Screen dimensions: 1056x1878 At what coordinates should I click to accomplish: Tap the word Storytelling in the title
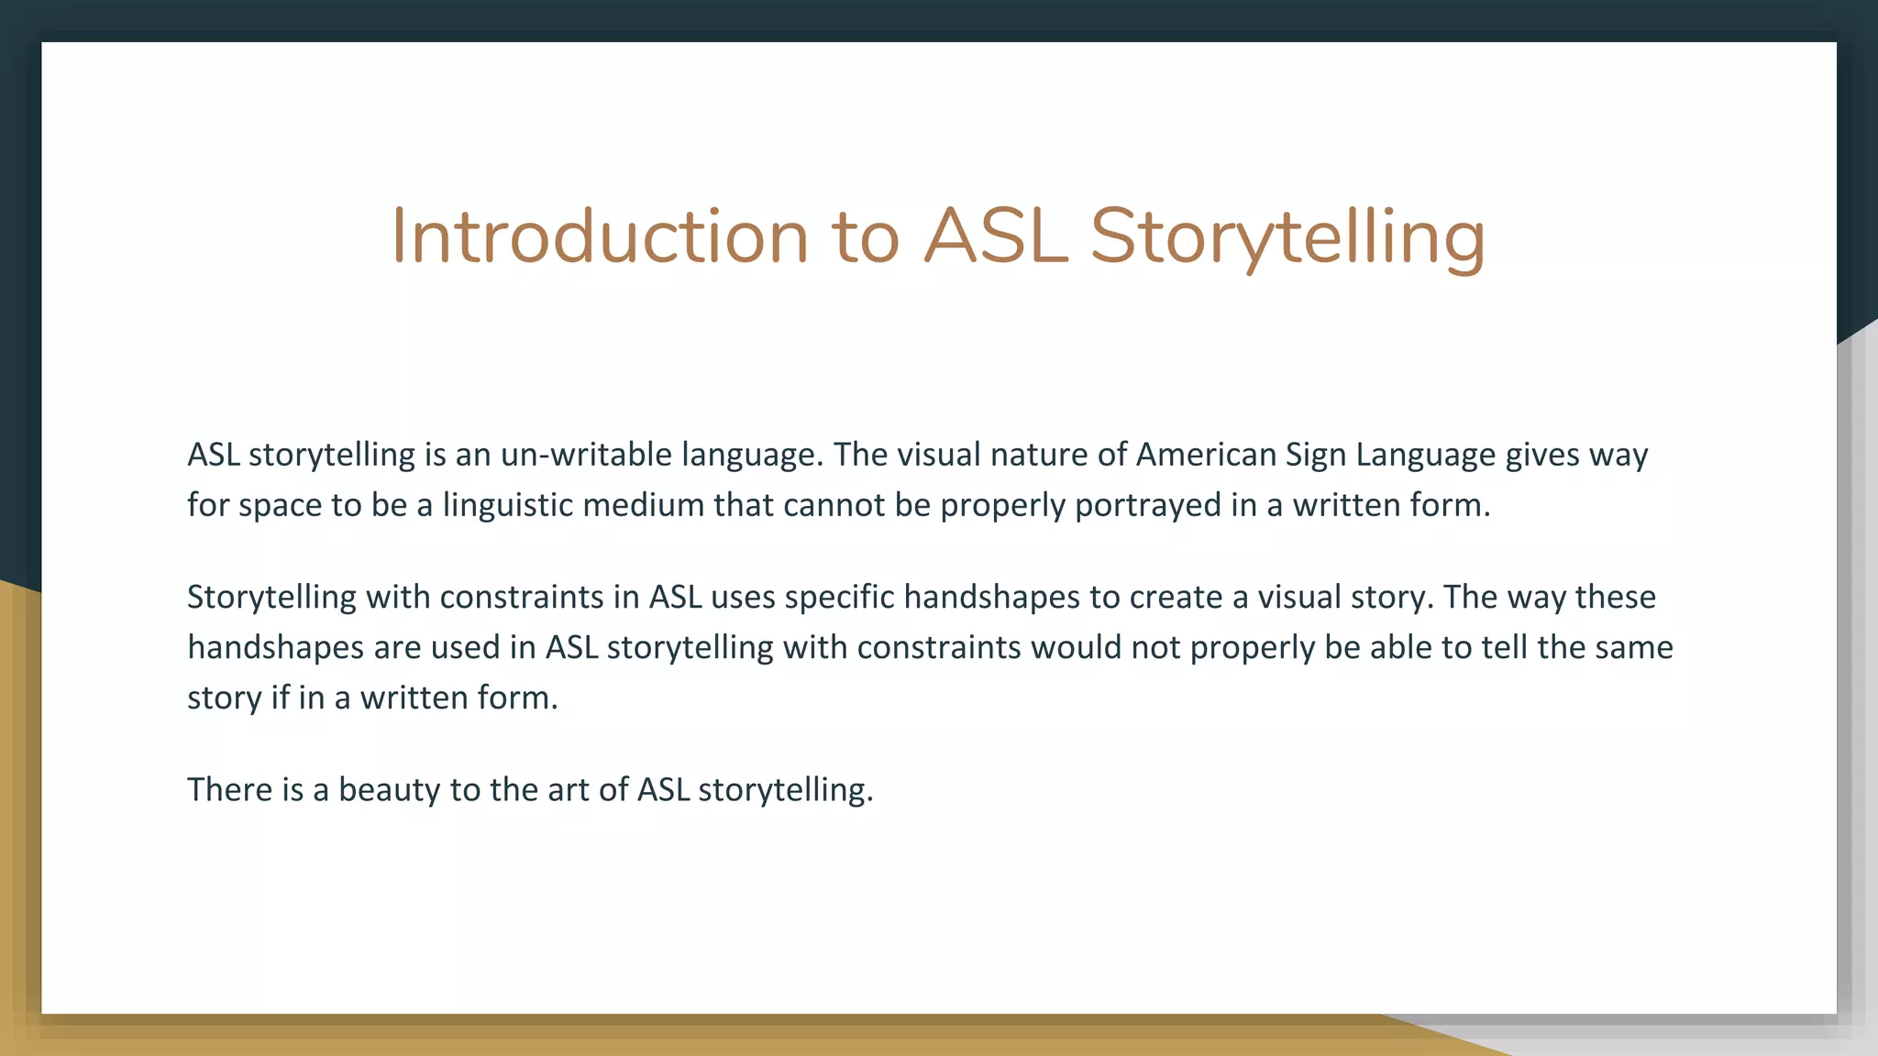1287,236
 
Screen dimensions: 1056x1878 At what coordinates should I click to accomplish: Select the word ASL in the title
995,236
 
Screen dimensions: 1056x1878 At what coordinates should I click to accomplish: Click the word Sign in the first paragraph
1316,455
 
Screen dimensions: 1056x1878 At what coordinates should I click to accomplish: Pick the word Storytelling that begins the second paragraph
271,598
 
